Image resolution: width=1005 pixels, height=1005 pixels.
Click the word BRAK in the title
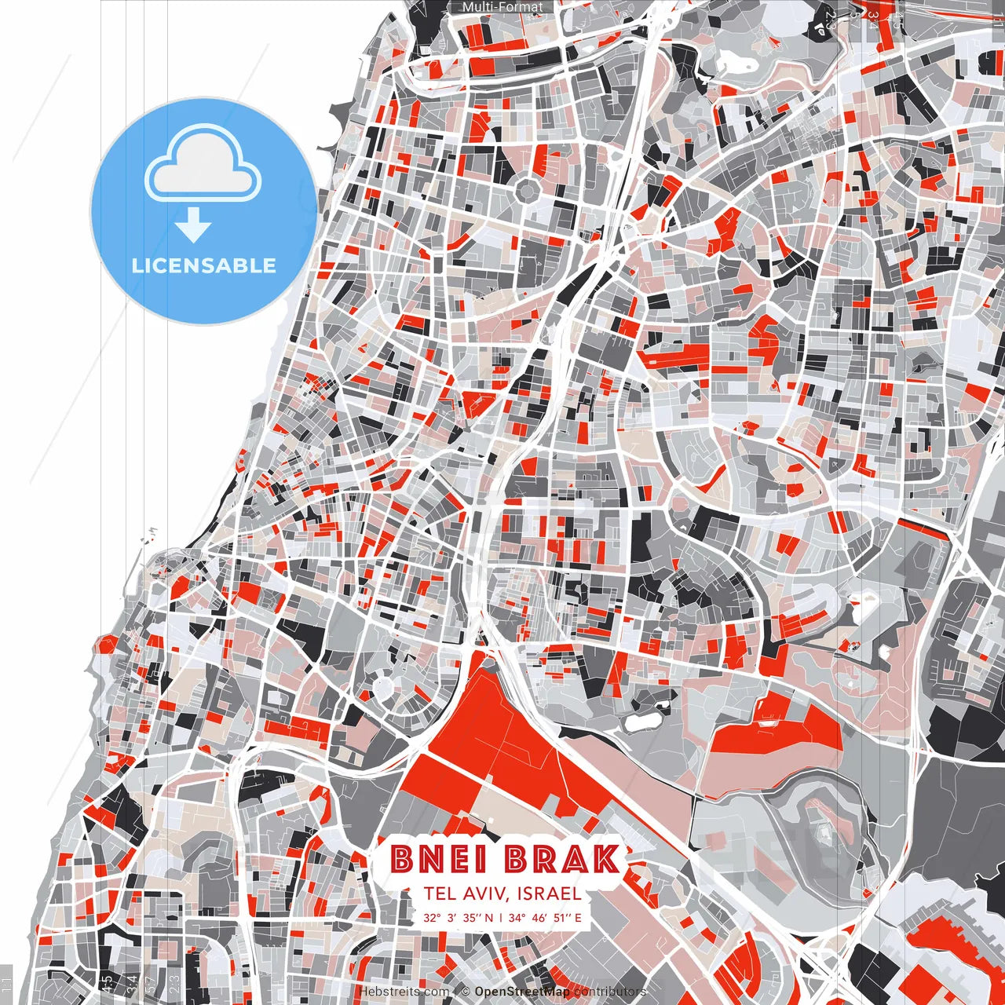coord(562,859)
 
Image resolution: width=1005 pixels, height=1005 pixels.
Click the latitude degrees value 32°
coord(432,917)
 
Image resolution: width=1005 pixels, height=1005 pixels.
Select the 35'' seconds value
coord(471,917)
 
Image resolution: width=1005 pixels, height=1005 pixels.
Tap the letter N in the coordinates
coord(489,917)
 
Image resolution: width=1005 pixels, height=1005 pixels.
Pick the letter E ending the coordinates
coord(578,917)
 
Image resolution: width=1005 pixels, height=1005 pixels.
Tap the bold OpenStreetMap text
coord(522,992)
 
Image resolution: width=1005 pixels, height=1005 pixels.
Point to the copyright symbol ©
coord(465,992)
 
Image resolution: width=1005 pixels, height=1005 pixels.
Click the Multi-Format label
coord(502,7)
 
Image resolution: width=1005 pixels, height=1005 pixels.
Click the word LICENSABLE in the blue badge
coord(204,265)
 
